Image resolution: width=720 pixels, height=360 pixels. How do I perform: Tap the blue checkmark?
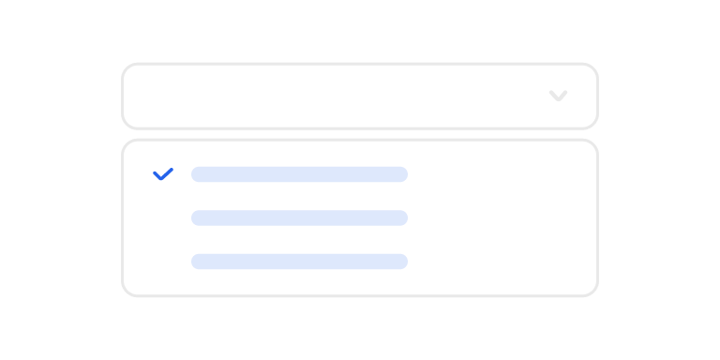click(163, 174)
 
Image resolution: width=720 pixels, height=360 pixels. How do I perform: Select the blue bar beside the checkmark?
click(299, 174)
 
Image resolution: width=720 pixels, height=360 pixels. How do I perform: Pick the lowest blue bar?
click(299, 262)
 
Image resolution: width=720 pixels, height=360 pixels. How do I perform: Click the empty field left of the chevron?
click(328, 96)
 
